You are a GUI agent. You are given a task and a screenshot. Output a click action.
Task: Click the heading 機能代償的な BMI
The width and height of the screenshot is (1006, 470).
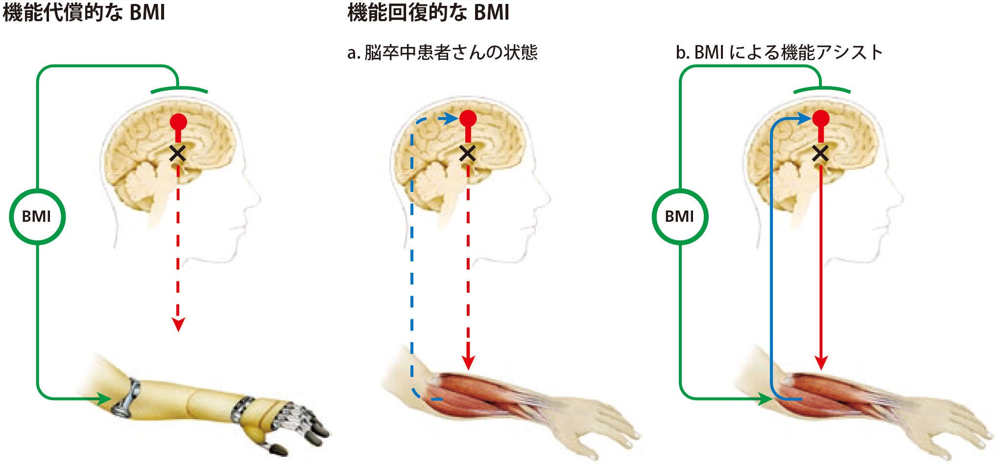pos(84,12)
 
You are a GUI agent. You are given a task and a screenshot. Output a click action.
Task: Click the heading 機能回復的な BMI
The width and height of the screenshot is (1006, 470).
pos(429,12)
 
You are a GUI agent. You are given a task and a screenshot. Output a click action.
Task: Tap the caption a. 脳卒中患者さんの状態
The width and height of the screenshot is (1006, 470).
pos(442,52)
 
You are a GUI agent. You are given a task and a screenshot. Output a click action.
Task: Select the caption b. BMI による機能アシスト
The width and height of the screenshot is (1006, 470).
pos(779,52)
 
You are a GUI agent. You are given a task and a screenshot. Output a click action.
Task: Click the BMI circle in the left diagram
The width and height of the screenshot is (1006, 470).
pos(37,216)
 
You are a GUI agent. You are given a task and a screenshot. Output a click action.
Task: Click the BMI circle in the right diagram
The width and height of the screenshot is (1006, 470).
pos(680,216)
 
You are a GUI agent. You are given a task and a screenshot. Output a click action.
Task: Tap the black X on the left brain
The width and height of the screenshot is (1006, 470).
pos(177,153)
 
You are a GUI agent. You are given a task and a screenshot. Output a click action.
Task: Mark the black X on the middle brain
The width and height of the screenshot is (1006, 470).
pos(468,153)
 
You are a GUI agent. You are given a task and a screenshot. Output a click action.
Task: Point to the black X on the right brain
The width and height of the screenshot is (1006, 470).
pos(820,153)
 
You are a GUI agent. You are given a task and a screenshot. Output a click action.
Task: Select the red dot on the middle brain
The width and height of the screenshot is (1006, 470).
pos(468,118)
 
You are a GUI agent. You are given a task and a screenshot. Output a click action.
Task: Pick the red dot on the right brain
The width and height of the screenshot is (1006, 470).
pos(820,118)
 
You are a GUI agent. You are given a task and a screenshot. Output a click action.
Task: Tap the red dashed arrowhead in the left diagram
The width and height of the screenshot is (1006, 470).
pos(178,325)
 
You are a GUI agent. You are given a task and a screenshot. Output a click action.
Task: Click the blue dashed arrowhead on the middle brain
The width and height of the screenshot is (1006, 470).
pos(453,118)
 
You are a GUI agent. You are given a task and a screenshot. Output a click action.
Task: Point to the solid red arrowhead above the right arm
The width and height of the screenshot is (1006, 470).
pos(821,363)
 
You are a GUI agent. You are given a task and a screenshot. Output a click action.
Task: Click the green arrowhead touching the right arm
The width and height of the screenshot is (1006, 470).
pos(766,399)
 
